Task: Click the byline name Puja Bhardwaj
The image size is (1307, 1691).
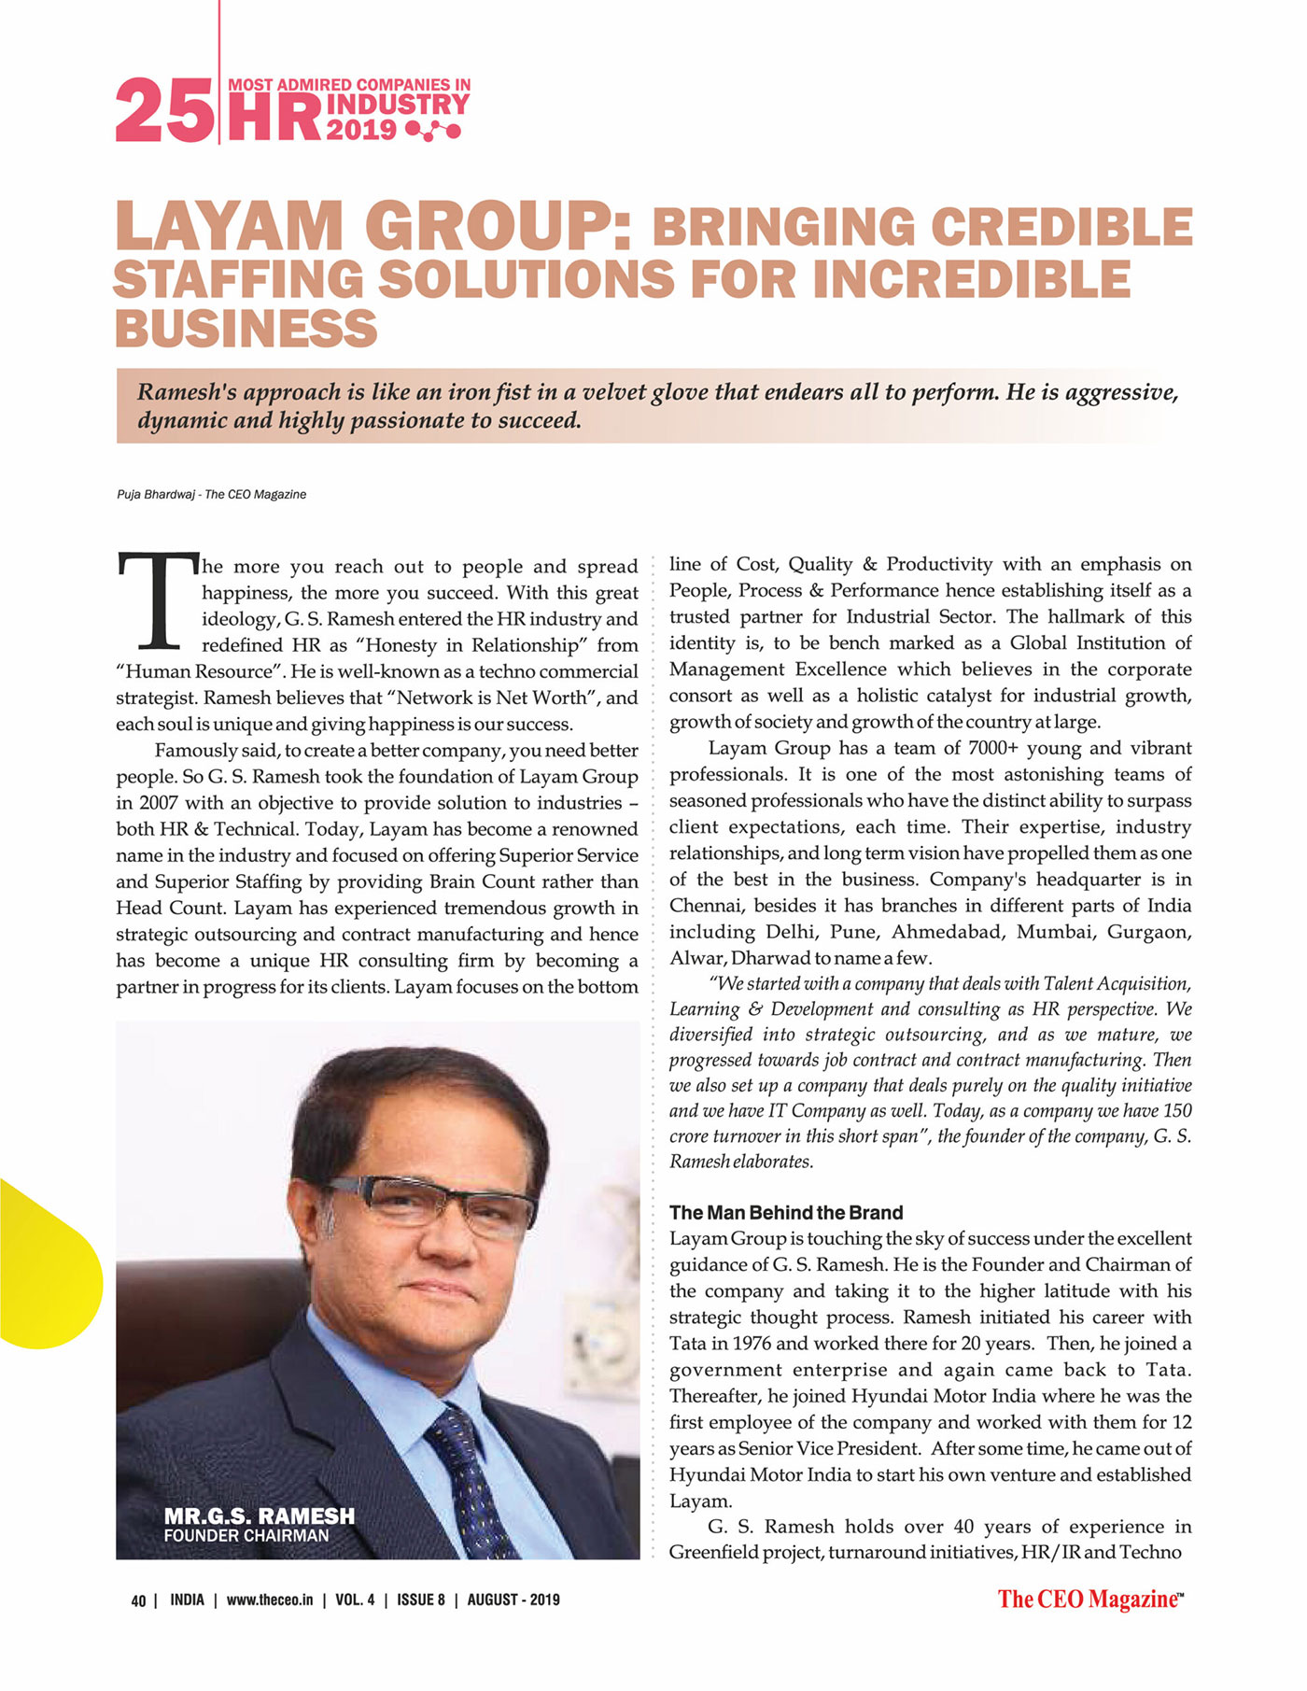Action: coord(155,494)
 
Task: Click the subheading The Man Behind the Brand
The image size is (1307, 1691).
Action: coord(786,1213)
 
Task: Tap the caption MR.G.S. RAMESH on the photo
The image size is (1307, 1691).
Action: coord(259,1515)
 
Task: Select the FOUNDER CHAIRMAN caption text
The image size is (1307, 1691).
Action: coord(246,1536)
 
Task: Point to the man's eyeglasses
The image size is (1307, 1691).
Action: coord(429,1205)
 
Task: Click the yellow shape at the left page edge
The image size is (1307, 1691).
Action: coord(47,1265)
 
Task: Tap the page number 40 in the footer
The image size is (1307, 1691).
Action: coord(138,1600)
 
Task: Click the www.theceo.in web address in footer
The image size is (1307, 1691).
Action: coord(270,1599)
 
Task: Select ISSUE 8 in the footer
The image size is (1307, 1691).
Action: coord(421,1599)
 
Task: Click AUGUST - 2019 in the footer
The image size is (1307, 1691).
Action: coord(513,1599)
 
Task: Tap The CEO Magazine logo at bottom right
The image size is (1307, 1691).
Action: coord(1089,1599)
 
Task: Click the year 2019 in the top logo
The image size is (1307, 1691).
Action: coord(361,129)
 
